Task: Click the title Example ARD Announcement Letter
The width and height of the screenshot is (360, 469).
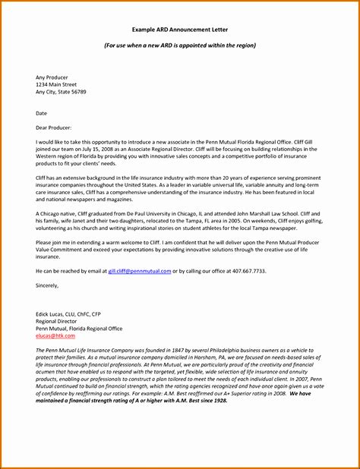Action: coord(180,30)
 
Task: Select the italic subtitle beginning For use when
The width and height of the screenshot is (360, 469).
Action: coord(180,46)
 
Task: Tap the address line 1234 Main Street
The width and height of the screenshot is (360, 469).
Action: coord(58,84)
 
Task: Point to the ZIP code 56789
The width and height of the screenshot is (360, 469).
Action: coord(78,92)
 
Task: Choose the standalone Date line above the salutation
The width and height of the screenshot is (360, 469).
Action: coord(42,114)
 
